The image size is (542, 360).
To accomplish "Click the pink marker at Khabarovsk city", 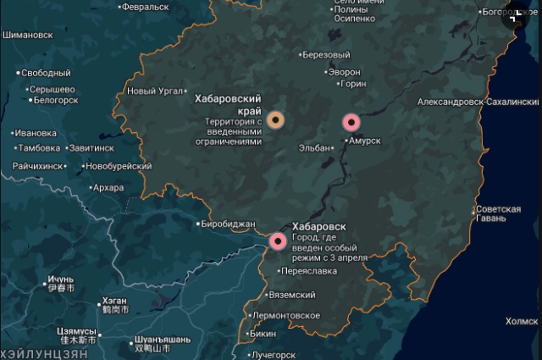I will (278, 241).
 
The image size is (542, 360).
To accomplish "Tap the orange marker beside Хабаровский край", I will (275, 119).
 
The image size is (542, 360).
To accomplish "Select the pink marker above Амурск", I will (351, 122).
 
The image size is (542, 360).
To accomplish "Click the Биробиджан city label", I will (226, 224).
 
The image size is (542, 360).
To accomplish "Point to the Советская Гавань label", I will (497, 213).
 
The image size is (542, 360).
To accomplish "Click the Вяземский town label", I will (290, 296).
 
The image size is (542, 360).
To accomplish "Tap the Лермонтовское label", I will (286, 316).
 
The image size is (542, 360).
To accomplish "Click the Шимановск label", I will (28, 36).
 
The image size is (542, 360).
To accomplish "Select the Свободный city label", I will (46, 74).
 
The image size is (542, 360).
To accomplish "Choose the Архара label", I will (108, 188).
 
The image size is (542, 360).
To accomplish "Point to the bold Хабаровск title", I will (318, 227).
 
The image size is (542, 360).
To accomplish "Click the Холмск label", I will (521, 322).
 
